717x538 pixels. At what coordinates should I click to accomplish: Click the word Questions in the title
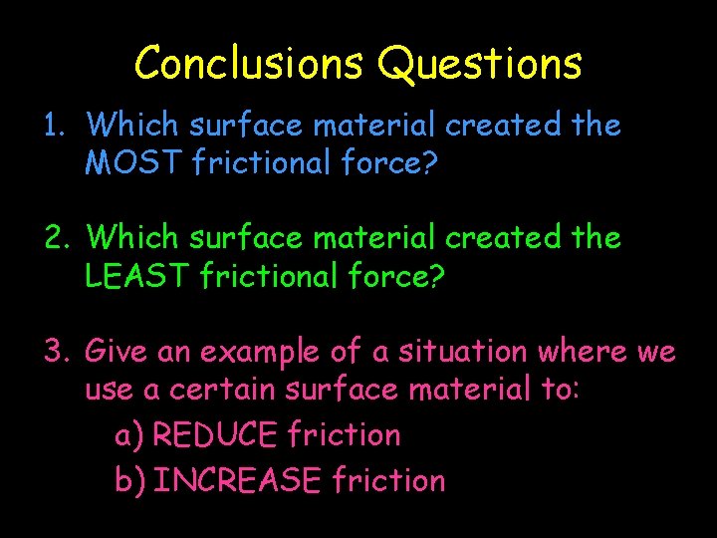[x=479, y=64]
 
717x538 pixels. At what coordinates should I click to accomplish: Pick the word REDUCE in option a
[x=217, y=435]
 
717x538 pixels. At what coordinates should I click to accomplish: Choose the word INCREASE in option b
[x=239, y=481]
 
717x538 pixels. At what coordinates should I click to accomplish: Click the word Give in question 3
[x=115, y=352]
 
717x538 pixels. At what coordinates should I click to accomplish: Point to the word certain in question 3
[x=223, y=390]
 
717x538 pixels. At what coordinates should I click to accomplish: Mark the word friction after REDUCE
[x=344, y=435]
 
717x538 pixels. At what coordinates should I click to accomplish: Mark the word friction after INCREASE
[x=389, y=481]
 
